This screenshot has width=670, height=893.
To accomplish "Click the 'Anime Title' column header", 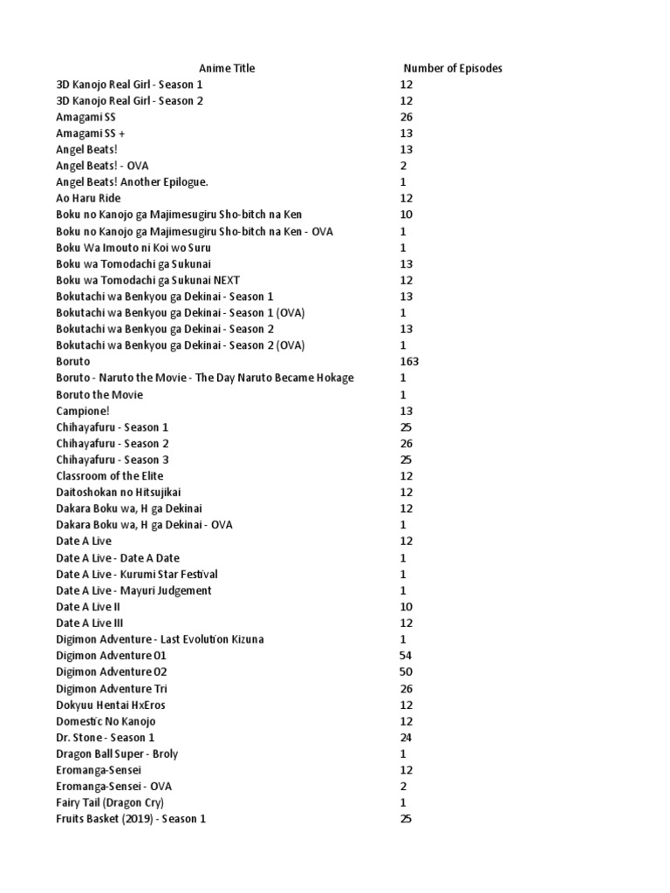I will tap(227, 68).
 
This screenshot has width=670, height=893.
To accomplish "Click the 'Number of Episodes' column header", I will tap(452, 68).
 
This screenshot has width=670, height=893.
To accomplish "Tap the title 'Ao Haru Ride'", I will tap(88, 198).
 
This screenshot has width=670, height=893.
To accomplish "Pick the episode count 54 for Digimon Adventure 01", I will tap(406, 655).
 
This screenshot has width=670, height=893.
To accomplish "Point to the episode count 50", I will tap(406, 671).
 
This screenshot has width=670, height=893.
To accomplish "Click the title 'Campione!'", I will tap(83, 411).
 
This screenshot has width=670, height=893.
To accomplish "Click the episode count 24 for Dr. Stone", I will tap(406, 737).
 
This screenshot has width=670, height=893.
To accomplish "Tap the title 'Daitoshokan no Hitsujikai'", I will tap(119, 492).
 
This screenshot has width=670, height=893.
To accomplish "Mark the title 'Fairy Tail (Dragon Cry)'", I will tap(110, 802).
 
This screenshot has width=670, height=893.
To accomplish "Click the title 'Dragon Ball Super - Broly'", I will tap(117, 753).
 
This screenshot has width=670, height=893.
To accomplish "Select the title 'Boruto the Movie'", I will tap(99, 394).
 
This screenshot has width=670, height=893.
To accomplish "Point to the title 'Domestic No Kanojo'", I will tap(106, 721).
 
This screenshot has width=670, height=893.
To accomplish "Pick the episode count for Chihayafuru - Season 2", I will tap(406, 443).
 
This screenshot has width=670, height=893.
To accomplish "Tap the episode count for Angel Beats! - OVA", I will tap(403, 166).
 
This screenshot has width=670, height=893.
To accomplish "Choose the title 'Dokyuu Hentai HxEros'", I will tap(110, 705).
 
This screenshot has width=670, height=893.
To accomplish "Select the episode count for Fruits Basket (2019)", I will tap(406, 819).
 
